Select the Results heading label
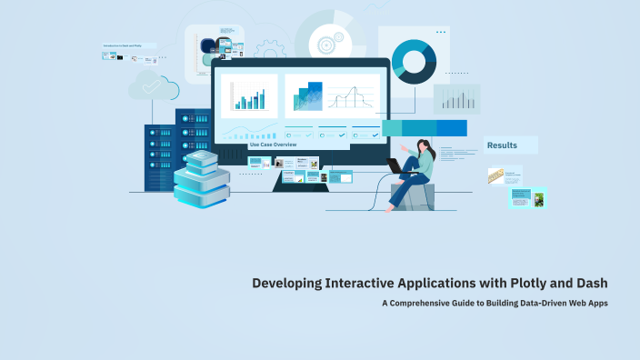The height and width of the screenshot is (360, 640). tap(502, 145)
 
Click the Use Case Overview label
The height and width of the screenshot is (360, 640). tap(273, 145)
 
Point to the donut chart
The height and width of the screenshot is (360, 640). tap(414, 61)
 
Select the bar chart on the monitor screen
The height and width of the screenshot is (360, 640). tap(248, 95)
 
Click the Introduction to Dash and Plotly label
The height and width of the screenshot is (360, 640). tap(127, 45)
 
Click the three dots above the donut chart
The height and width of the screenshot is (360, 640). tap(441, 32)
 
